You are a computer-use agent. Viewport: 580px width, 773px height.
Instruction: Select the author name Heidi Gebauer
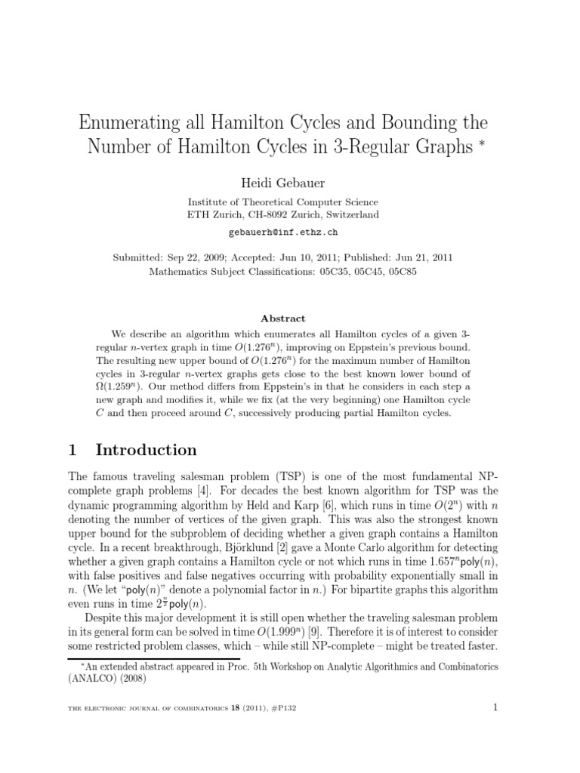click(289, 182)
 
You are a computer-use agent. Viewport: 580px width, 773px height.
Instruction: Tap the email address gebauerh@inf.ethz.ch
click(289, 233)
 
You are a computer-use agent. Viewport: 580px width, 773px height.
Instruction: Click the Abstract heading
click(289, 319)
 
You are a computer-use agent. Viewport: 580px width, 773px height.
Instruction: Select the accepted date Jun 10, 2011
click(314, 257)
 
